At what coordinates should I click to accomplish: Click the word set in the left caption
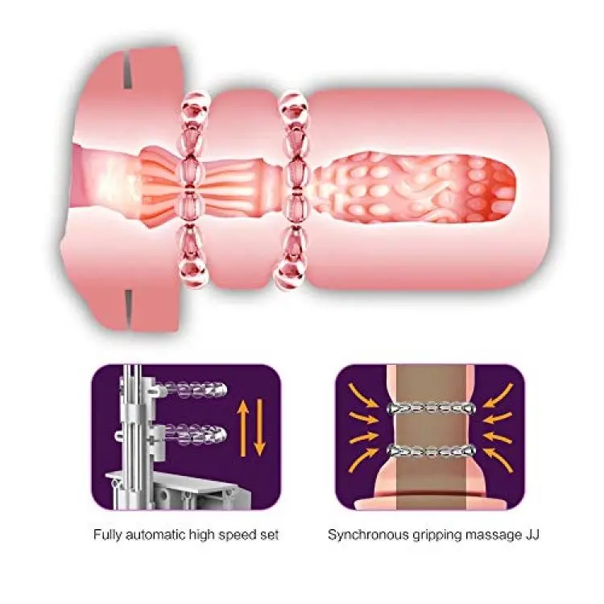pos(270,536)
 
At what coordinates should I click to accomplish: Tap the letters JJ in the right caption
pos(531,535)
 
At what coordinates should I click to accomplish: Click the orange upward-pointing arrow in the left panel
pos(243,428)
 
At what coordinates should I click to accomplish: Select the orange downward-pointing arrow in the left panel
pos(259,428)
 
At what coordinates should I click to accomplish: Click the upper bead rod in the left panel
pos(191,388)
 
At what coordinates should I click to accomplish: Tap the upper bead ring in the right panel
pos(432,407)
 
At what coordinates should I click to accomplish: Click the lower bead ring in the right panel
pos(432,449)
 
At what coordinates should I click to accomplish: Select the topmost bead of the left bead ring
pos(194,102)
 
